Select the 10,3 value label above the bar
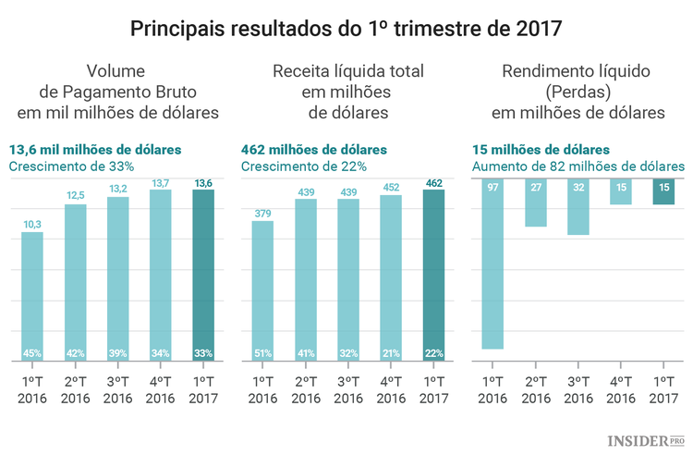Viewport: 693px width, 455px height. click(32, 224)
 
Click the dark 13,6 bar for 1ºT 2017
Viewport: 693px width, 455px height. click(203, 273)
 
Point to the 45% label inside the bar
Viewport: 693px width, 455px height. click(32, 352)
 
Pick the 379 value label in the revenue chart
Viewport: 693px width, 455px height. click(262, 214)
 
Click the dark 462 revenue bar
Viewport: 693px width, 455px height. click(432, 273)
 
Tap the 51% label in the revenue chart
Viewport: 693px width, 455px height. click(262, 352)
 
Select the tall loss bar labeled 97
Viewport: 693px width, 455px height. click(492, 268)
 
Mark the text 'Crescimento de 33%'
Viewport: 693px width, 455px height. click(72, 166)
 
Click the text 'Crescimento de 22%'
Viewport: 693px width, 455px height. click(304, 166)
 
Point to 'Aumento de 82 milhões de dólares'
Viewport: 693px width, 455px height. click(578, 166)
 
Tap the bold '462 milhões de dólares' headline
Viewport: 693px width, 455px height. click(313, 149)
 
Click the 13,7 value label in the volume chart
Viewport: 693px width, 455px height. click(161, 185)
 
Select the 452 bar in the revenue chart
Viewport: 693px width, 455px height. click(390, 277)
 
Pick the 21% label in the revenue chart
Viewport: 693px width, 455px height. click(390, 352)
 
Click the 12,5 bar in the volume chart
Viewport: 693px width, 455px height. click(76, 277)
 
